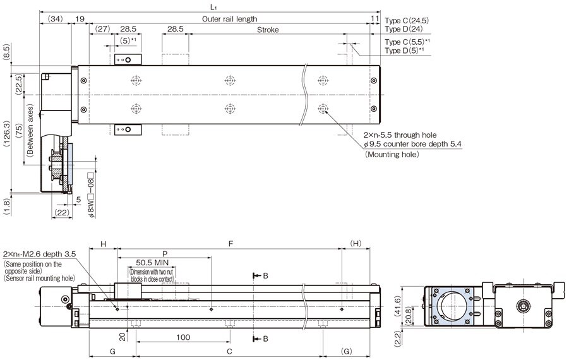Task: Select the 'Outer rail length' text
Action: click(x=230, y=20)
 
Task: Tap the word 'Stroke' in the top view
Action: click(x=268, y=30)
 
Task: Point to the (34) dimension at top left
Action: click(x=55, y=20)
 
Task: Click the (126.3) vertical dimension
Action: click(x=6, y=133)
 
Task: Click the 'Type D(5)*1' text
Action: click(x=405, y=50)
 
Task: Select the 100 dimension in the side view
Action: click(x=183, y=338)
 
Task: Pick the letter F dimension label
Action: click(x=231, y=243)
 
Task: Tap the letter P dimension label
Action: click(x=165, y=251)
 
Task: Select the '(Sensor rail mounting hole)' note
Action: click(x=39, y=278)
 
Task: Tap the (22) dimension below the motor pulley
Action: click(x=62, y=213)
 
